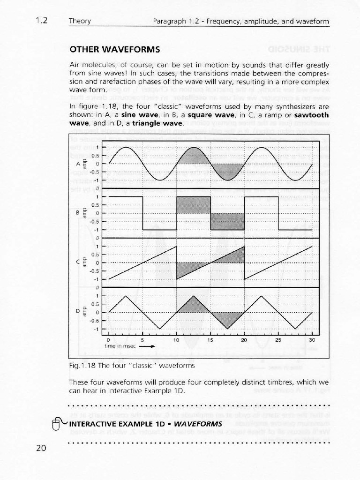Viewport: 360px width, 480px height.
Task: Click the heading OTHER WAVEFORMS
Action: click(114, 49)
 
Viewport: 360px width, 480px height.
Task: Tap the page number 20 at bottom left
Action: click(41, 449)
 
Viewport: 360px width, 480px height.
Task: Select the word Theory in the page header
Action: click(80, 22)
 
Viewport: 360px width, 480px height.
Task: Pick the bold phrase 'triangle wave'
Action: click(157, 123)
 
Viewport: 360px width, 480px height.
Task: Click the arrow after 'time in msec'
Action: click(147, 347)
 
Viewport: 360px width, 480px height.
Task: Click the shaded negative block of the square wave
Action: click(227, 221)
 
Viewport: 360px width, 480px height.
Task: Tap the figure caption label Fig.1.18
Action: click(80, 365)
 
